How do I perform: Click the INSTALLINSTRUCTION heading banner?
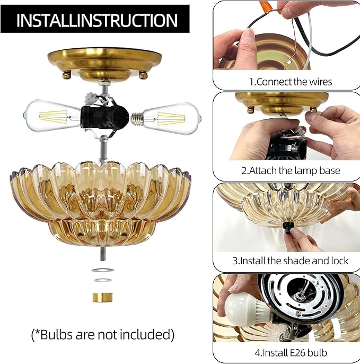point(97,20)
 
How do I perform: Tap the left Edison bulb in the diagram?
point(54,114)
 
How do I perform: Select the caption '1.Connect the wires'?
point(291,82)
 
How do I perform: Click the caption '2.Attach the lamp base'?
point(291,171)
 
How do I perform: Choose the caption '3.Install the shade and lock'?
point(291,261)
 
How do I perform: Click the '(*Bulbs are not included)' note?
point(101,334)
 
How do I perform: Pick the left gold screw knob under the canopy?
point(67,75)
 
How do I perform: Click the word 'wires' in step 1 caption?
point(320,82)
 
